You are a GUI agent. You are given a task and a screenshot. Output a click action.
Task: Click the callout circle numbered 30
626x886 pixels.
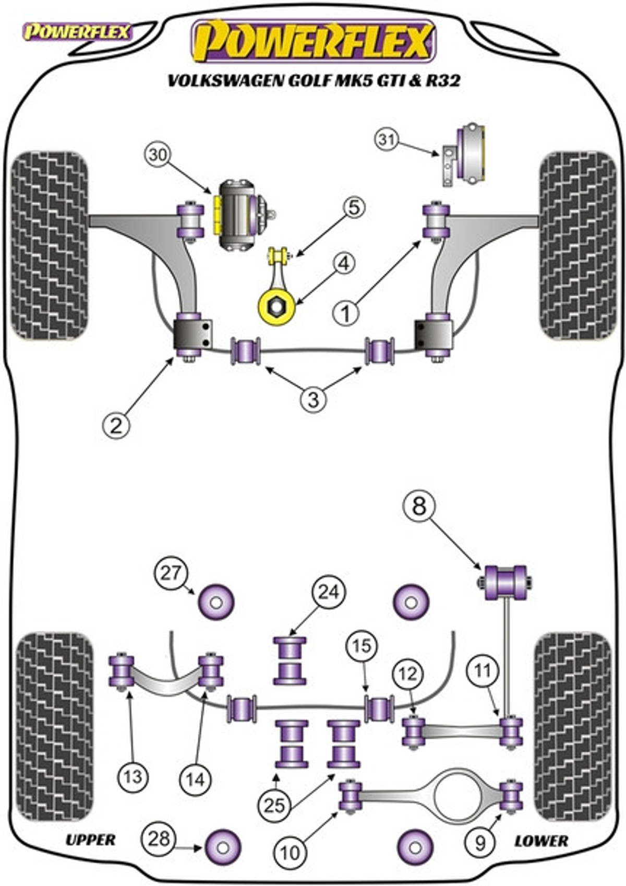pyautogui.click(x=159, y=155)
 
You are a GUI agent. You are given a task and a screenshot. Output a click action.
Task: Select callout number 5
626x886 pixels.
pyautogui.click(x=353, y=208)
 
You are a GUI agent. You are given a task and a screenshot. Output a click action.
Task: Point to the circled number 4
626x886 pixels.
pyautogui.click(x=344, y=264)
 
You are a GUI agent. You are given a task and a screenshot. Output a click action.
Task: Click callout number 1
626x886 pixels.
pyautogui.click(x=346, y=314)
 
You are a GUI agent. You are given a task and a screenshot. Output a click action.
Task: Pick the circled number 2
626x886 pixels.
pyautogui.click(x=116, y=426)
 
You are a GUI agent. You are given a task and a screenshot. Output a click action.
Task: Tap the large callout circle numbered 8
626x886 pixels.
pyautogui.click(x=419, y=506)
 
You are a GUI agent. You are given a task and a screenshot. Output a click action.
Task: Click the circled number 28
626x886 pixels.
pyautogui.click(x=159, y=838)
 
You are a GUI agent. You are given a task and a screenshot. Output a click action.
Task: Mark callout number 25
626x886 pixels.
pyautogui.click(x=275, y=805)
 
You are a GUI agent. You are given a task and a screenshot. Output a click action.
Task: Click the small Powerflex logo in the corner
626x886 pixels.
pyautogui.click(x=78, y=32)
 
